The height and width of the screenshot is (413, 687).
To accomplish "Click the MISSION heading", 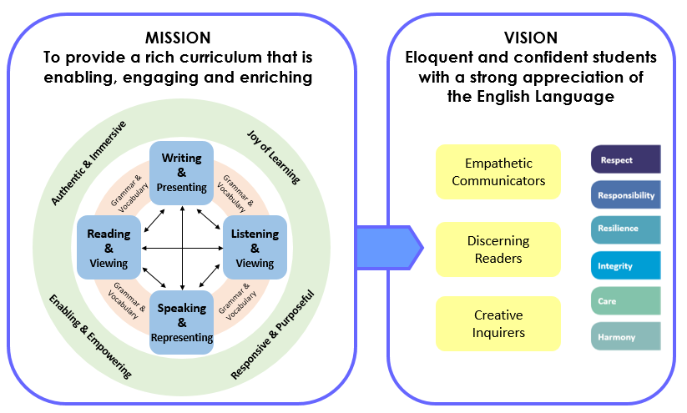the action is (178, 38).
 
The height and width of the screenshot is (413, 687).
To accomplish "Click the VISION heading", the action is (531, 38).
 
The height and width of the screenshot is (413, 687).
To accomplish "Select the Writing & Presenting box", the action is (181, 173).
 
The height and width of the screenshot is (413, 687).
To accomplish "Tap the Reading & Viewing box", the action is (109, 248).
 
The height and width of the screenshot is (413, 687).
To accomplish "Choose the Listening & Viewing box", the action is (255, 248).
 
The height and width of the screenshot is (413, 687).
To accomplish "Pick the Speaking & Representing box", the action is (181, 322).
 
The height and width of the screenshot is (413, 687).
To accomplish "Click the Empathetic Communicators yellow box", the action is (498, 172).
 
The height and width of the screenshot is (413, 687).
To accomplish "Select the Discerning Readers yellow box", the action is (498, 249).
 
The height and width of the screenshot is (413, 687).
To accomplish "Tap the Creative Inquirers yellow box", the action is (498, 324).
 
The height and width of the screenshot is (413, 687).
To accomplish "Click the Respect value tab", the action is (626, 159).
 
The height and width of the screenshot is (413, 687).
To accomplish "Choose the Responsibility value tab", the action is (626, 195).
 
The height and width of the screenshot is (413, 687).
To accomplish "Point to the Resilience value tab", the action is (626, 230).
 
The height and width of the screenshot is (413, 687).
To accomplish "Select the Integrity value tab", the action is (626, 265).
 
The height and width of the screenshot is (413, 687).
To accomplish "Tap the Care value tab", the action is (626, 301).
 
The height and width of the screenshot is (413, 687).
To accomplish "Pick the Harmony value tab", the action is (626, 336).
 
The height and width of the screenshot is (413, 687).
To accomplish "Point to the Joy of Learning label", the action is (274, 157).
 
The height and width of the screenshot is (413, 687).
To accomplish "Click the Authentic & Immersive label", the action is (89, 163).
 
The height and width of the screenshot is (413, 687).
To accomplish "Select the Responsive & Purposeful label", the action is (272, 335).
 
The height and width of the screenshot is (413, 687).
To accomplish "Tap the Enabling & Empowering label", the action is (90, 336).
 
